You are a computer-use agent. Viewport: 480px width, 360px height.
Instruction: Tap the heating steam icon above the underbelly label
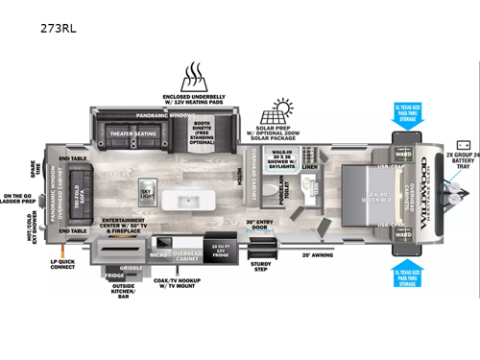(x=196, y=76)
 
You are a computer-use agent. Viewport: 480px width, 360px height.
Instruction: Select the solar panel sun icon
(x=283, y=108)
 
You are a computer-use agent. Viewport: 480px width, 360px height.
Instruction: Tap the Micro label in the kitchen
(x=158, y=254)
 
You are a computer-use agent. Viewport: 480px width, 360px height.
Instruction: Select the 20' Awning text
(x=318, y=254)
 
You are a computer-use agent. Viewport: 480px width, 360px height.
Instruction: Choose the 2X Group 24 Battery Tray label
(x=460, y=164)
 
